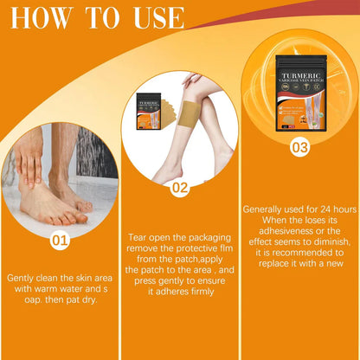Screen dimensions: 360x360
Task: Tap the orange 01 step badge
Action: (60, 239)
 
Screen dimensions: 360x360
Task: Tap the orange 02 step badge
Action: (179, 185)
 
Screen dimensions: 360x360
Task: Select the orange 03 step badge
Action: (299, 148)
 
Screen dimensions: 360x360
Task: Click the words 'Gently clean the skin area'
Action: (58, 278)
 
